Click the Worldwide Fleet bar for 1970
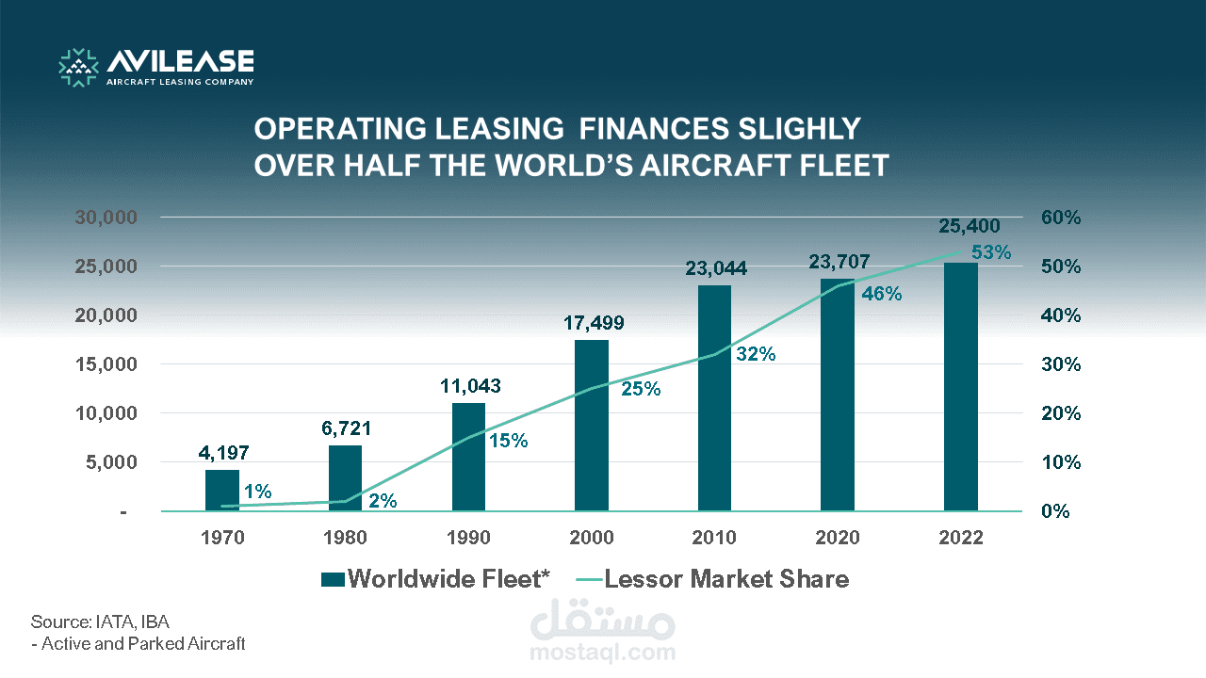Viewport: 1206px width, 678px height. (x=222, y=490)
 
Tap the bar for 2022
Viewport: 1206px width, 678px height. (x=960, y=386)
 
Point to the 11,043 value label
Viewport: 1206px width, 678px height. (x=470, y=386)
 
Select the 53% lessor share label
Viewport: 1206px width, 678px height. (x=991, y=252)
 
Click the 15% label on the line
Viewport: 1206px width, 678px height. (x=508, y=441)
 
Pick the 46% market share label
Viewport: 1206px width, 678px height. (x=882, y=294)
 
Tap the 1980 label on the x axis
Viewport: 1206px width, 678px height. (x=346, y=538)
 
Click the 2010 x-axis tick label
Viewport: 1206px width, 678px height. (x=714, y=538)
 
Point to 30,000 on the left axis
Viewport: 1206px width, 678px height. (x=106, y=218)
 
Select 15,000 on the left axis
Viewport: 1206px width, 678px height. (x=106, y=364)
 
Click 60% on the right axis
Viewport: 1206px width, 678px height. (x=1061, y=218)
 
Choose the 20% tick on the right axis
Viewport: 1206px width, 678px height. (x=1061, y=413)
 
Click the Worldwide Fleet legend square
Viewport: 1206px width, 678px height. (x=333, y=579)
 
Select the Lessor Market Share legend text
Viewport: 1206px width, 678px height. (x=726, y=579)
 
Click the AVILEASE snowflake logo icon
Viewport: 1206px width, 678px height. (x=79, y=67)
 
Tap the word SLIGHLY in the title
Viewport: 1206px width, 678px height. (x=790, y=129)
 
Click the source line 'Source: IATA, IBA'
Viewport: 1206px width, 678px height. (x=100, y=621)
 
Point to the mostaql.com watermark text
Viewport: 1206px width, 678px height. (x=603, y=652)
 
